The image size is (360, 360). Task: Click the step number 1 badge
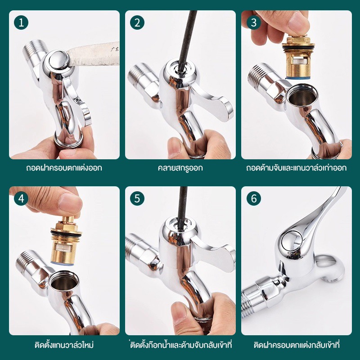coord(21,23)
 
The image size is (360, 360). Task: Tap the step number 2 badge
coord(137,23)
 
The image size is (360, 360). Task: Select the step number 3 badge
coord(254,23)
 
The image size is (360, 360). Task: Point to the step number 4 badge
coord(21,198)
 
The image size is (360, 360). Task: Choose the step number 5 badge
coord(137,198)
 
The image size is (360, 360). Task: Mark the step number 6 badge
coord(254,198)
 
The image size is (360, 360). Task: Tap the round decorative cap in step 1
coord(58,60)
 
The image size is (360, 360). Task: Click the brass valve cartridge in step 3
coord(298,58)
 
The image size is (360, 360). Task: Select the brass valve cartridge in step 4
coord(65,241)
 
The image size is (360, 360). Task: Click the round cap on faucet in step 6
coord(290,240)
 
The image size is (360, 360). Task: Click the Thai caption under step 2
coord(180,168)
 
